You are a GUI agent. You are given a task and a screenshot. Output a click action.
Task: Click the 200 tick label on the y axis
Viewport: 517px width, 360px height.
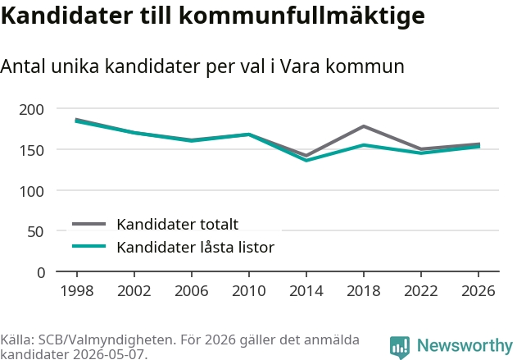pos(31,110)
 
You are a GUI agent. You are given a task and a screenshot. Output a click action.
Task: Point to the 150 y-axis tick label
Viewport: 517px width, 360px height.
pos(31,151)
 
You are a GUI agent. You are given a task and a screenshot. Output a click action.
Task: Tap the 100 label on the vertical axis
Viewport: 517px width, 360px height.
pos(31,192)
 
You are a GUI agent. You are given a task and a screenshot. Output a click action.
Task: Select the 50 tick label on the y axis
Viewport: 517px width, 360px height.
pos(35,232)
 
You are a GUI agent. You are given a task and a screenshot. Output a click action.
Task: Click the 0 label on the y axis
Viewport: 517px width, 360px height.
pos(41,273)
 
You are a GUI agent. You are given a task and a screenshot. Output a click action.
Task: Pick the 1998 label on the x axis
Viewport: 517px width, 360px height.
pos(77,291)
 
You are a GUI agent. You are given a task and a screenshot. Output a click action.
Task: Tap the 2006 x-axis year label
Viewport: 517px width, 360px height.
pos(192,291)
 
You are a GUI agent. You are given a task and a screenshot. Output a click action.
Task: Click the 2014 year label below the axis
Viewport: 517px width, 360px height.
pos(306,291)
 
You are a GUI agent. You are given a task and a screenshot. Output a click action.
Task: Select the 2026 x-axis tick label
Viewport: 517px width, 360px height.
pos(478,291)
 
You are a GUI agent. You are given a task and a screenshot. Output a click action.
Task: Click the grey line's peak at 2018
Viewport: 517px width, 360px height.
pos(364,126)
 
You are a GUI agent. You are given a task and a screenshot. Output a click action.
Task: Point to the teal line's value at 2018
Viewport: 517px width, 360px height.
pos(364,145)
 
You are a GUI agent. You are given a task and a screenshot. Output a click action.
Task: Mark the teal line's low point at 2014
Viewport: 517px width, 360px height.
pos(306,161)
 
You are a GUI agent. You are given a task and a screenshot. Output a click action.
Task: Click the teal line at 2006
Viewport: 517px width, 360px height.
pos(192,140)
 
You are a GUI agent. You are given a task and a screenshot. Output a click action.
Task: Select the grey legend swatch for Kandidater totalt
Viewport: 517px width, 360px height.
pos(89,224)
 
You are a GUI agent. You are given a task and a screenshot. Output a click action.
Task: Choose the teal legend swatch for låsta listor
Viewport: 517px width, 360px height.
pos(89,246)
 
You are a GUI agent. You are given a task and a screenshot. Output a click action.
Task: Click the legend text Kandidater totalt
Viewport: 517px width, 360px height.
pos(178,225)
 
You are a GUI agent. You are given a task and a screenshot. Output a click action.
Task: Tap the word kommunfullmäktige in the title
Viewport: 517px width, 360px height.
pos(302,16)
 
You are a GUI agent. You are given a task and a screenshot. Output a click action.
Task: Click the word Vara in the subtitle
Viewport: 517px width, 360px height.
pos(300,66)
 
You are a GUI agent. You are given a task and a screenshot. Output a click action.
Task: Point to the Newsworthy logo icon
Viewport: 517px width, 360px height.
pos(400,348)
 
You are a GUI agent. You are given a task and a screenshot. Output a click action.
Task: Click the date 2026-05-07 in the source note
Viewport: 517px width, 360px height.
pos(108,355)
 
